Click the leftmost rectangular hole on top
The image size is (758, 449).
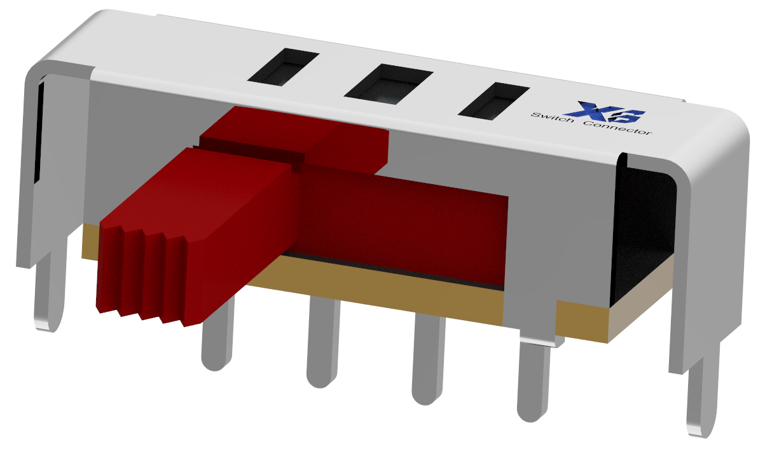click(283, 67)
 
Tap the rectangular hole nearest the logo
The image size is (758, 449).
click(493, 101)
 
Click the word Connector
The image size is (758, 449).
click(617, 128)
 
